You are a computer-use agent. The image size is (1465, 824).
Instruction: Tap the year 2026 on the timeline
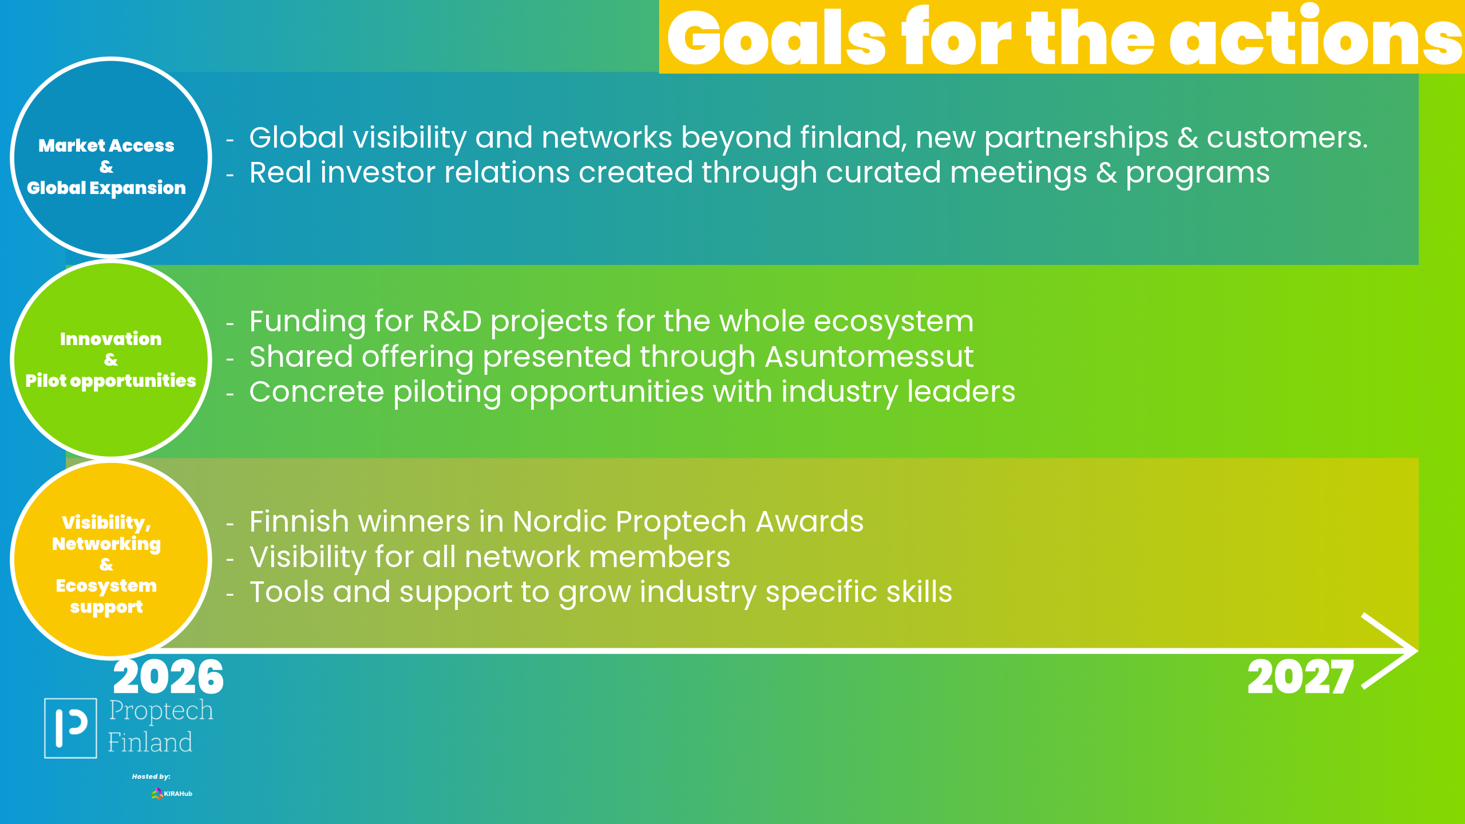(x=168, y=677)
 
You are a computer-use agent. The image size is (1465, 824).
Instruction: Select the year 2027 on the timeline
(x=1301, y=677)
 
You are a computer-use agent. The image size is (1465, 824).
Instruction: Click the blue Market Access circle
(x=111, y=157)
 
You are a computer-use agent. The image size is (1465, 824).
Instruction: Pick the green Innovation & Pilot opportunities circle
(x=111, y=359)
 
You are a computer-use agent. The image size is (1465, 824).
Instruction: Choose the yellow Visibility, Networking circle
(x=111, y=560)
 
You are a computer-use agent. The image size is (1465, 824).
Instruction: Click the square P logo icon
(x=70, y=728)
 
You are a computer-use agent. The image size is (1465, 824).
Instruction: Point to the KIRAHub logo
(x=172, y=794)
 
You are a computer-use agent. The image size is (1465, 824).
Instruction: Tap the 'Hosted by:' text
(x=151, y=777)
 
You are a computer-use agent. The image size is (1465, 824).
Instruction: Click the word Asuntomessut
(x=869, y=357)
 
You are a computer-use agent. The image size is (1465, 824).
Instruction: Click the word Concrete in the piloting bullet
(x=316, y=392)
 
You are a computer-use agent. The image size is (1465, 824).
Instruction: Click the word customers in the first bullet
(x=1287, y=138)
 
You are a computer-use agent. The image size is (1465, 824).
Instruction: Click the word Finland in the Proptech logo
(x=150, y=742)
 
